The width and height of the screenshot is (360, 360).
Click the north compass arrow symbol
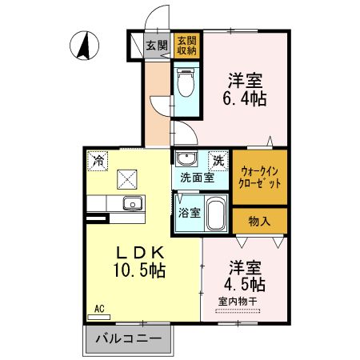pos(82,46)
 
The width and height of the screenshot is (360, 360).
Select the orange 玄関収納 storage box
pos(186,46)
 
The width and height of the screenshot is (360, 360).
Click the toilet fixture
pos(185,82)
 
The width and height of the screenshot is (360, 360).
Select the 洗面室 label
pos(196,177)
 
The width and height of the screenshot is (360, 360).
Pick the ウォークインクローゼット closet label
pos(260,176)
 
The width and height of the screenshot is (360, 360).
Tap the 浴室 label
pos(189,214)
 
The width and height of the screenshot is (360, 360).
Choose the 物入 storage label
pos(259,221)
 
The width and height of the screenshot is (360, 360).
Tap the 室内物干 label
pos(238,301)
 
